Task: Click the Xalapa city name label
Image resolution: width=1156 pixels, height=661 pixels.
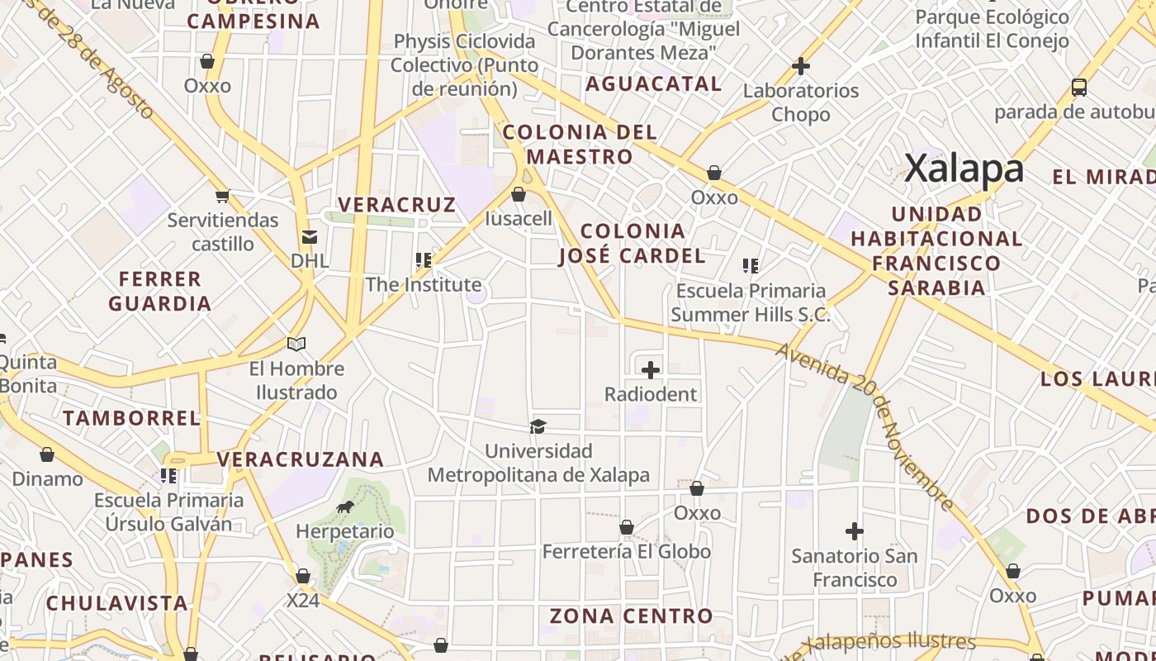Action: (964, 169)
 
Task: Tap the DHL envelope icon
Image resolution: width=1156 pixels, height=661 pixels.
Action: (310, 238)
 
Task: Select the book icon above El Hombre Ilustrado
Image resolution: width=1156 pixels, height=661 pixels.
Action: (296, 344)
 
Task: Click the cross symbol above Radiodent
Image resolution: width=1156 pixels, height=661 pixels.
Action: (651, 370)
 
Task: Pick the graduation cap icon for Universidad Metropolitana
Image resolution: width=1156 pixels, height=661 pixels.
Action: (538, 426)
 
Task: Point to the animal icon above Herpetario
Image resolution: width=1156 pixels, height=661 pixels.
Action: (345, 506)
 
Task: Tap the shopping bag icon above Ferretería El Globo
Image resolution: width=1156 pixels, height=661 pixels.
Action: (627, 527)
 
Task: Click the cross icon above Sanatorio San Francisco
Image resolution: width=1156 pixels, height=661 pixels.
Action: (855, 530)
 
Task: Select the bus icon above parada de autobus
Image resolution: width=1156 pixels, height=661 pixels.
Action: (1078, 88)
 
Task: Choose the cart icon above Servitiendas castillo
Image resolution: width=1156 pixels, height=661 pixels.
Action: (222, 196)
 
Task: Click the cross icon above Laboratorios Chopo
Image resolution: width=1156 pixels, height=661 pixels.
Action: (800, 66)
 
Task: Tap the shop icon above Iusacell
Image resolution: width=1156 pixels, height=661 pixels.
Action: (519, 194)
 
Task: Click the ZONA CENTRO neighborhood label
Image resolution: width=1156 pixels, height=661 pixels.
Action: (631, 616)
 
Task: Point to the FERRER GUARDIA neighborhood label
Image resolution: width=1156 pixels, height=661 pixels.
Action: (159, 291)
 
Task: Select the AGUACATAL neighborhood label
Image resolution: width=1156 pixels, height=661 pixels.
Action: (653, 83)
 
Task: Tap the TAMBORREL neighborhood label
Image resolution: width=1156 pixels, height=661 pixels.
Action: (131, 418)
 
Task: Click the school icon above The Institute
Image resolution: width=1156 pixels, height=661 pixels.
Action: (424, 260)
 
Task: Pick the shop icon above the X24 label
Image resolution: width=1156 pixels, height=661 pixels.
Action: (303, 576)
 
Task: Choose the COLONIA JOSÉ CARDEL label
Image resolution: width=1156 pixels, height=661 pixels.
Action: (632, 243)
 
